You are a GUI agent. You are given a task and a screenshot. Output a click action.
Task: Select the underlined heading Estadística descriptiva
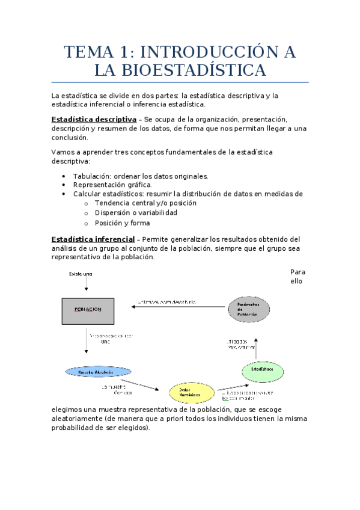click(x=94, y=119)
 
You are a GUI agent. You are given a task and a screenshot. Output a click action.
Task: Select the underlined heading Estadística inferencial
click(x=93, y=239)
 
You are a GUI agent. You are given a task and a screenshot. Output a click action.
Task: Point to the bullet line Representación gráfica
click(x=112, y=185)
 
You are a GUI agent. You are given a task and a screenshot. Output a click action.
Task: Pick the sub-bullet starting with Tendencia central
click(x=145, y=203)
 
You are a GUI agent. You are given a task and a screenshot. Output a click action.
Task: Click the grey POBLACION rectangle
click(x=88, y=310)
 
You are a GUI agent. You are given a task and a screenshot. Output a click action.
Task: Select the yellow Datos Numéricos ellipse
click(x=192, y=393)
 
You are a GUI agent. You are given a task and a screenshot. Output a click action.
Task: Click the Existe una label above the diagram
click(x=81, y=275)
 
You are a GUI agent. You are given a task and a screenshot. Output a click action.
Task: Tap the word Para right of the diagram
click(x=297, y=272)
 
